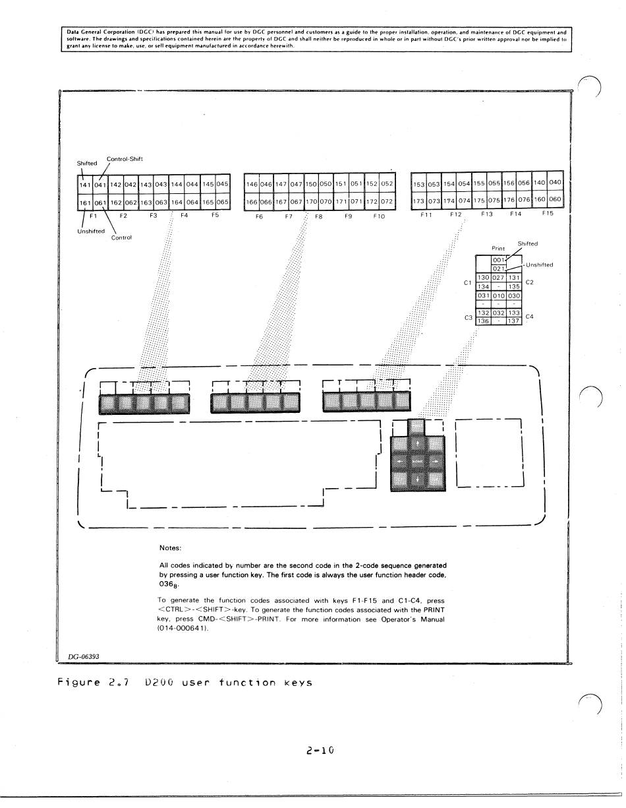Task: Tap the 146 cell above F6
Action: (251, 184)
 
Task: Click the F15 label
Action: (548, 213)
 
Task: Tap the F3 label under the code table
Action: (153, 215)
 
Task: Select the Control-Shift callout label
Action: (125, 158)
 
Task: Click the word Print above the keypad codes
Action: (498, 249)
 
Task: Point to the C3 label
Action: (469, 317)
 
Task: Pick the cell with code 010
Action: (499, 296)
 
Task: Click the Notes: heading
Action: (170, 547)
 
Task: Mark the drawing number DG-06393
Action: (84, 656)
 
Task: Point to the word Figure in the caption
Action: (81, 682)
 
